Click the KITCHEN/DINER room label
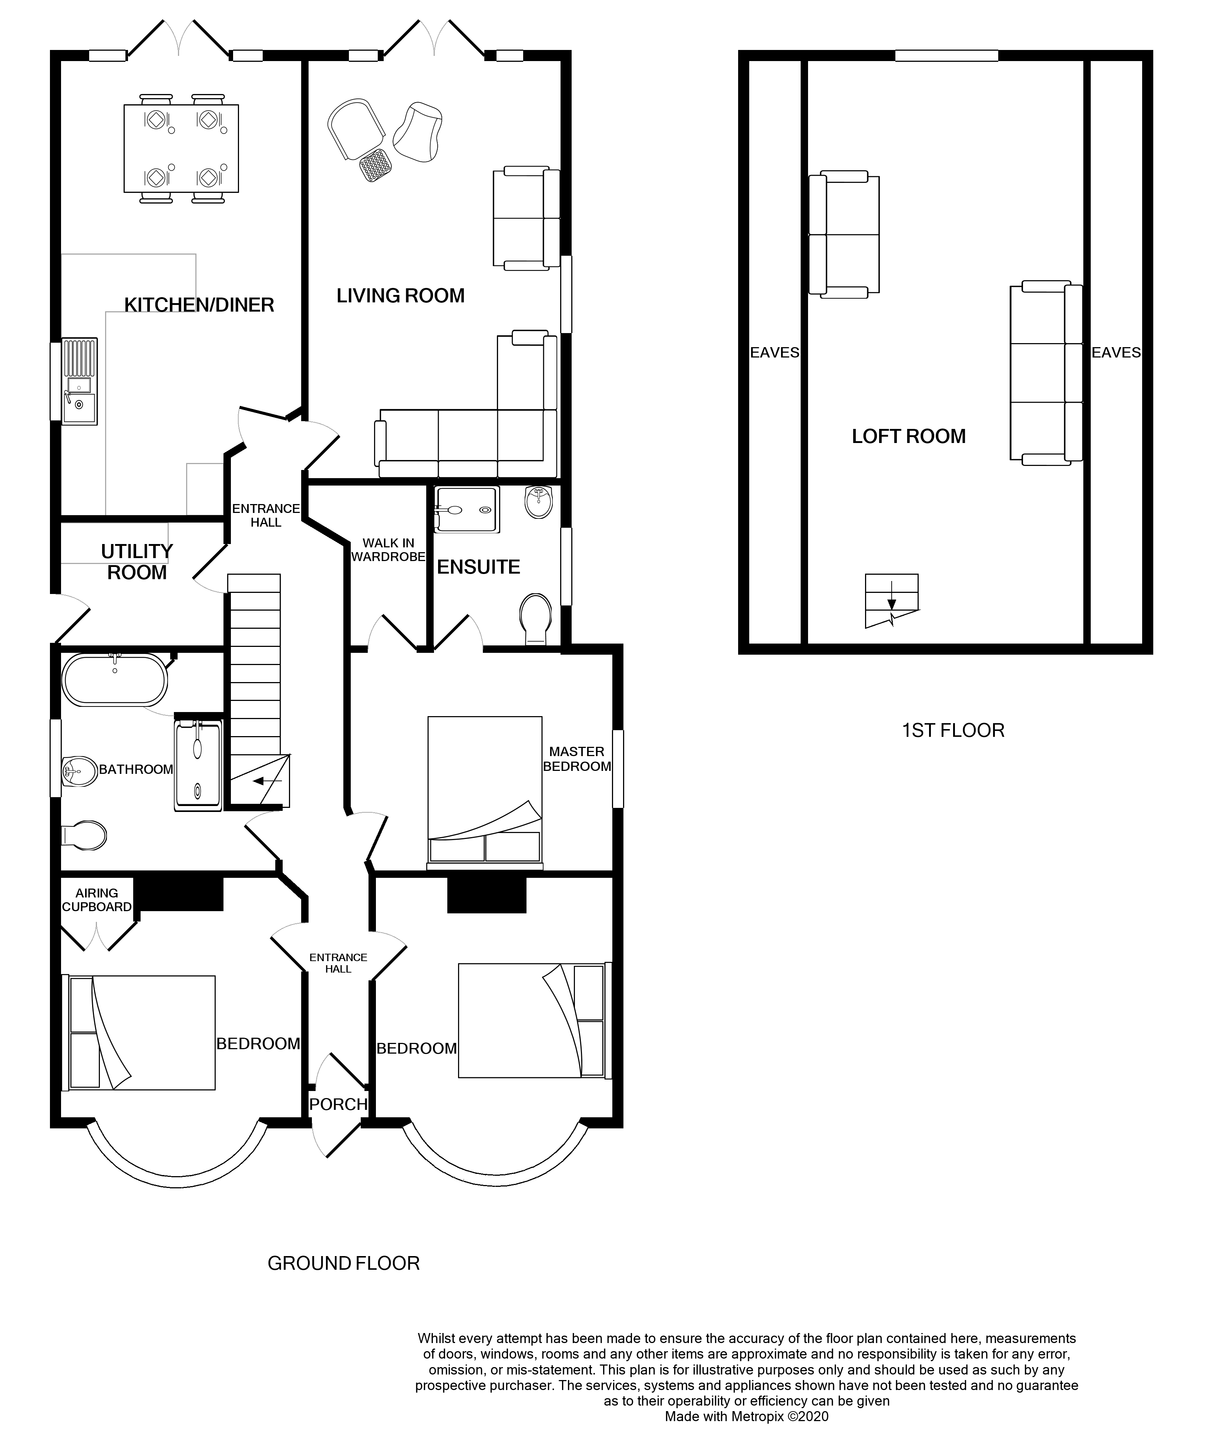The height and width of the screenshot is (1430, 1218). pos(199,304)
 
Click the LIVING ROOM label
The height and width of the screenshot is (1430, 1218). pos(400,295)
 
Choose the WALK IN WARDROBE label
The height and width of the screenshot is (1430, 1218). pos(388,549)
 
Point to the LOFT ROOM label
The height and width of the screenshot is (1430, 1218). pos(908,436)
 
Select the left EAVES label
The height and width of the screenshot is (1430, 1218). pos(774,353)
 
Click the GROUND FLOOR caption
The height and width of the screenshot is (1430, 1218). pos(343,1263)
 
